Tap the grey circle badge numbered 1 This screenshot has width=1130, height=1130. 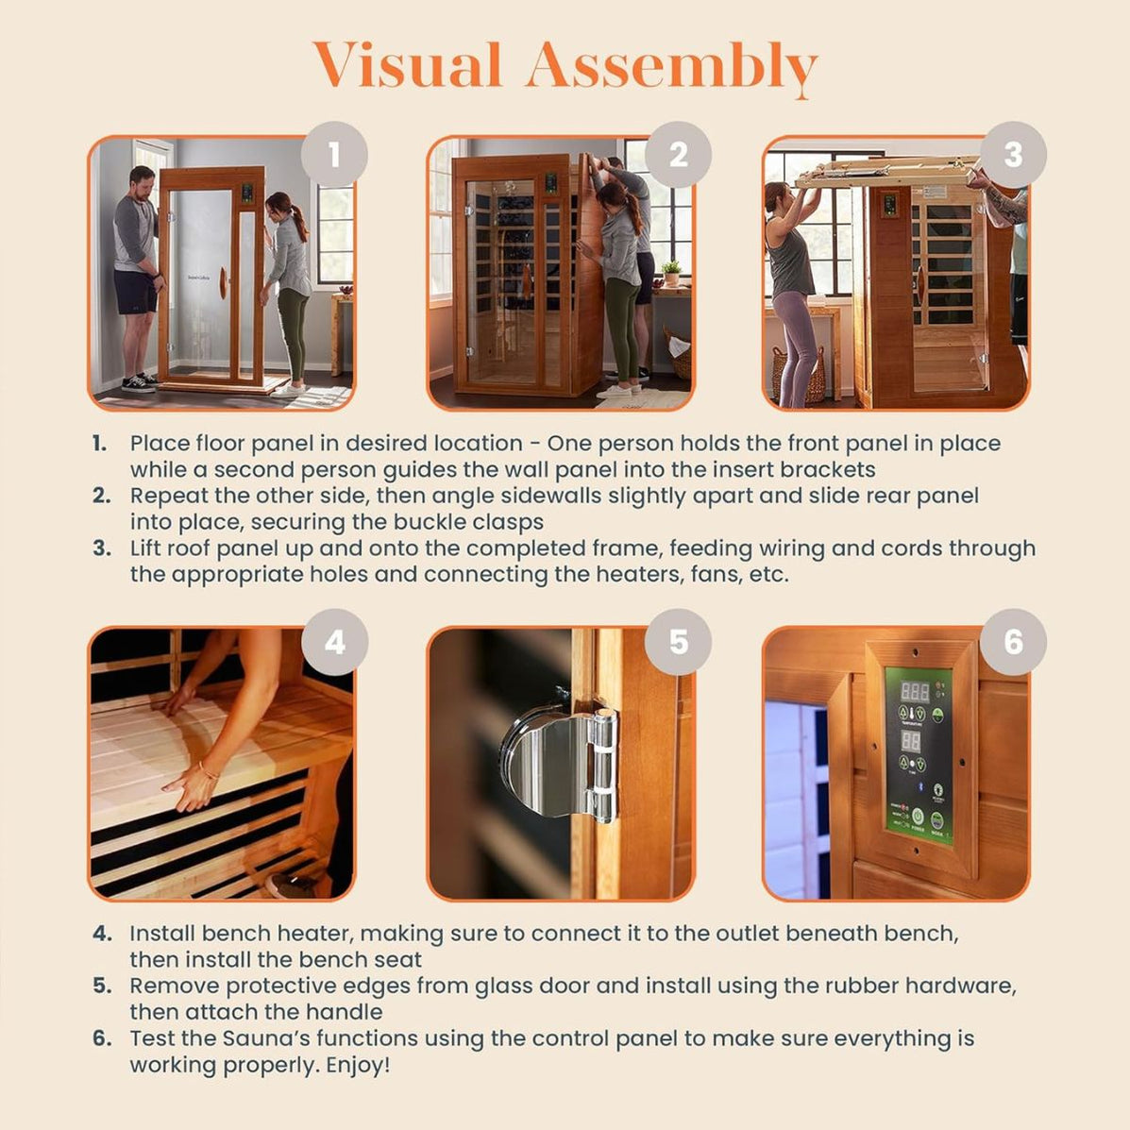click(334, 154)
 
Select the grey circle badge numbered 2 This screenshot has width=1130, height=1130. click(678, 154)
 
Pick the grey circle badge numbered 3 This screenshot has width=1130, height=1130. click(1013, 154)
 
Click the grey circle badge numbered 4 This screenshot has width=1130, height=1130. click(334, 642)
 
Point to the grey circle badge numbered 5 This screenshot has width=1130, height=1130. click(678, 642)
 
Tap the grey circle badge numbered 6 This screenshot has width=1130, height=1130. click(1013, 642)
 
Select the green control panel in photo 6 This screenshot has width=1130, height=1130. click(919, 754)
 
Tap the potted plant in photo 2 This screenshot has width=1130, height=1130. click(670, 273)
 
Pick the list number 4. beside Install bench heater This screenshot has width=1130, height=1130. click(102, 934)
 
